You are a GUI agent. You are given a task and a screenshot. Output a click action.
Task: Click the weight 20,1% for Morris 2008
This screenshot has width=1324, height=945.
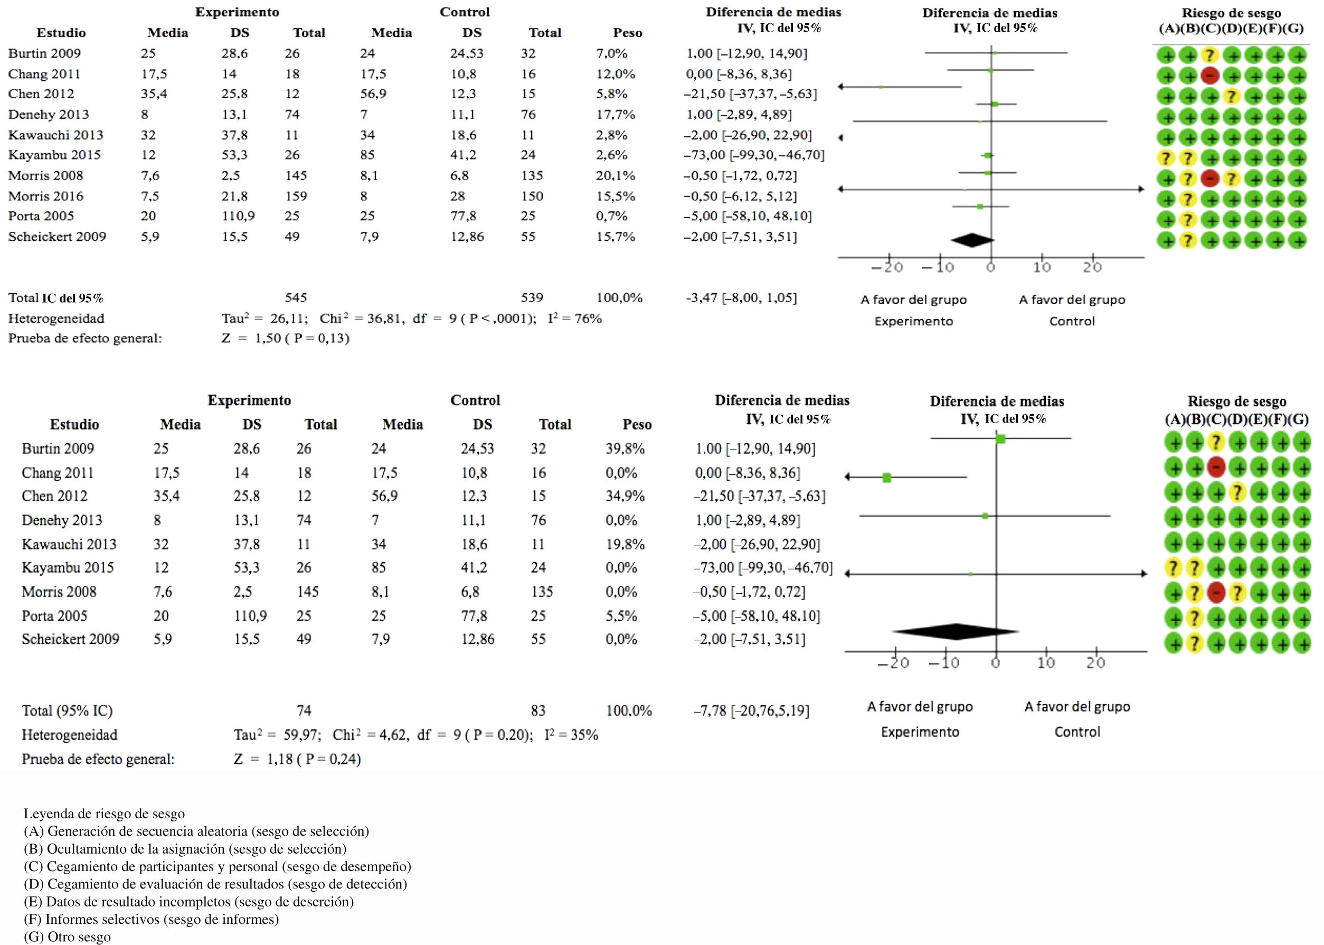[615, 176]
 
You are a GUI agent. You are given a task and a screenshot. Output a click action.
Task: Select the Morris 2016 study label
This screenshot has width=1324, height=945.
[45, 196]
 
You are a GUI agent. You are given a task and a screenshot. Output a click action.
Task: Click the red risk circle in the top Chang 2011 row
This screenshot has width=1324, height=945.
[1209, 76]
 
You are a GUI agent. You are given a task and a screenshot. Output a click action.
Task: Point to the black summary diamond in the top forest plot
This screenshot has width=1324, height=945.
[972, 240]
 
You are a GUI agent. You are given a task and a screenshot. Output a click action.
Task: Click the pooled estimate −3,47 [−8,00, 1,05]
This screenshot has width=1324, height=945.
[741, 298]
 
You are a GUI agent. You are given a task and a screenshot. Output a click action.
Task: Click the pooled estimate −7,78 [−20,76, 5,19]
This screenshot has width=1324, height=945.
[751, 710]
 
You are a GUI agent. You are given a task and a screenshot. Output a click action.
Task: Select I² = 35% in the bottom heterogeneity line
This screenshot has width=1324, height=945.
[571, 735]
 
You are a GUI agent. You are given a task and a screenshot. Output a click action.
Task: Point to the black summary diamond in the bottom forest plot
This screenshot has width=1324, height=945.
[956, 631]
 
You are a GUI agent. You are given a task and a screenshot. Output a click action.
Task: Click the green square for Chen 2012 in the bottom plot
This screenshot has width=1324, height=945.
[887, 478]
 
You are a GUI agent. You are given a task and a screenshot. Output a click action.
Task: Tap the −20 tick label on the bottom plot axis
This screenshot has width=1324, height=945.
[894, 663]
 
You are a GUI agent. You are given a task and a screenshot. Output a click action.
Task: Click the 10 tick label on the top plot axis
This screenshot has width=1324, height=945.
[1042, 267]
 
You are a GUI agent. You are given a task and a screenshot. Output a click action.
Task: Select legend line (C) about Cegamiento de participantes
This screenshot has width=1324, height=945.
[217, 866]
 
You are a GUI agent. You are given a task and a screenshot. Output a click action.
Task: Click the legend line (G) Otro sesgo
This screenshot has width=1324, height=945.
[67, 937]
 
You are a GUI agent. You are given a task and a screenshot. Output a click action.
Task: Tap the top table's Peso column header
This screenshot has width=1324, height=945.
[627, 33]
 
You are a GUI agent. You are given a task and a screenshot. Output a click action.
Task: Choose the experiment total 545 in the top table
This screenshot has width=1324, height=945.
[296, 298]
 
